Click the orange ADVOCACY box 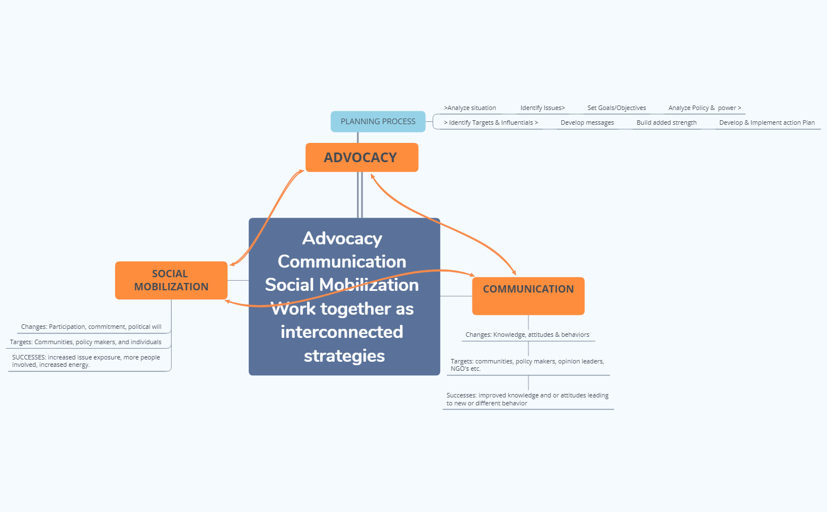pyautogui.click(x=361, y=158)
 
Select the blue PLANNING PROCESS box pyautogui.click(x=378, y=121)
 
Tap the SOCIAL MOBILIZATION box pyautogui.click(x=171, y=280)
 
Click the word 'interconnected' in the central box pyautogui.click(x=342, y=332)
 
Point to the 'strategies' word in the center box pyautogui.click(x=344, y=356)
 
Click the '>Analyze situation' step pyautogui.click(x=470, y=108)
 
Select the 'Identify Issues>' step pyautogui.click(x=543, y=108)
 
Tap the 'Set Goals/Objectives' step pyautogui.click(x=616, y=108)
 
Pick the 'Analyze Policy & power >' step pyautogui.click(x=704, y=108)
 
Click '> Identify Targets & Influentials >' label pyautogui.click(x=491, y=122)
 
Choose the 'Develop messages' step pyautogui.click(x=587, y=122)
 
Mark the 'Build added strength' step pyautogui.click(x=666, y=122)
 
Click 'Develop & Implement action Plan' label pyautogui.click(x=766, y=122)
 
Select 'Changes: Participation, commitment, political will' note pyautogui.click(x=91, y=327)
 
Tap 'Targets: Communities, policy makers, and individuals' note pyautogui.click(x=86, y=342)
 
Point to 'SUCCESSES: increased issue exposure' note pyautogui.click(x=86, y=361)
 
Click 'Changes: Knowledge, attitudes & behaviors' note pyautogui.click(x=527, y=335)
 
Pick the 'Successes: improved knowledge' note pyautogui.click(x=527, y=399)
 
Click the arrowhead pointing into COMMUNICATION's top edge pyautogui.click(x=514, y=273)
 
